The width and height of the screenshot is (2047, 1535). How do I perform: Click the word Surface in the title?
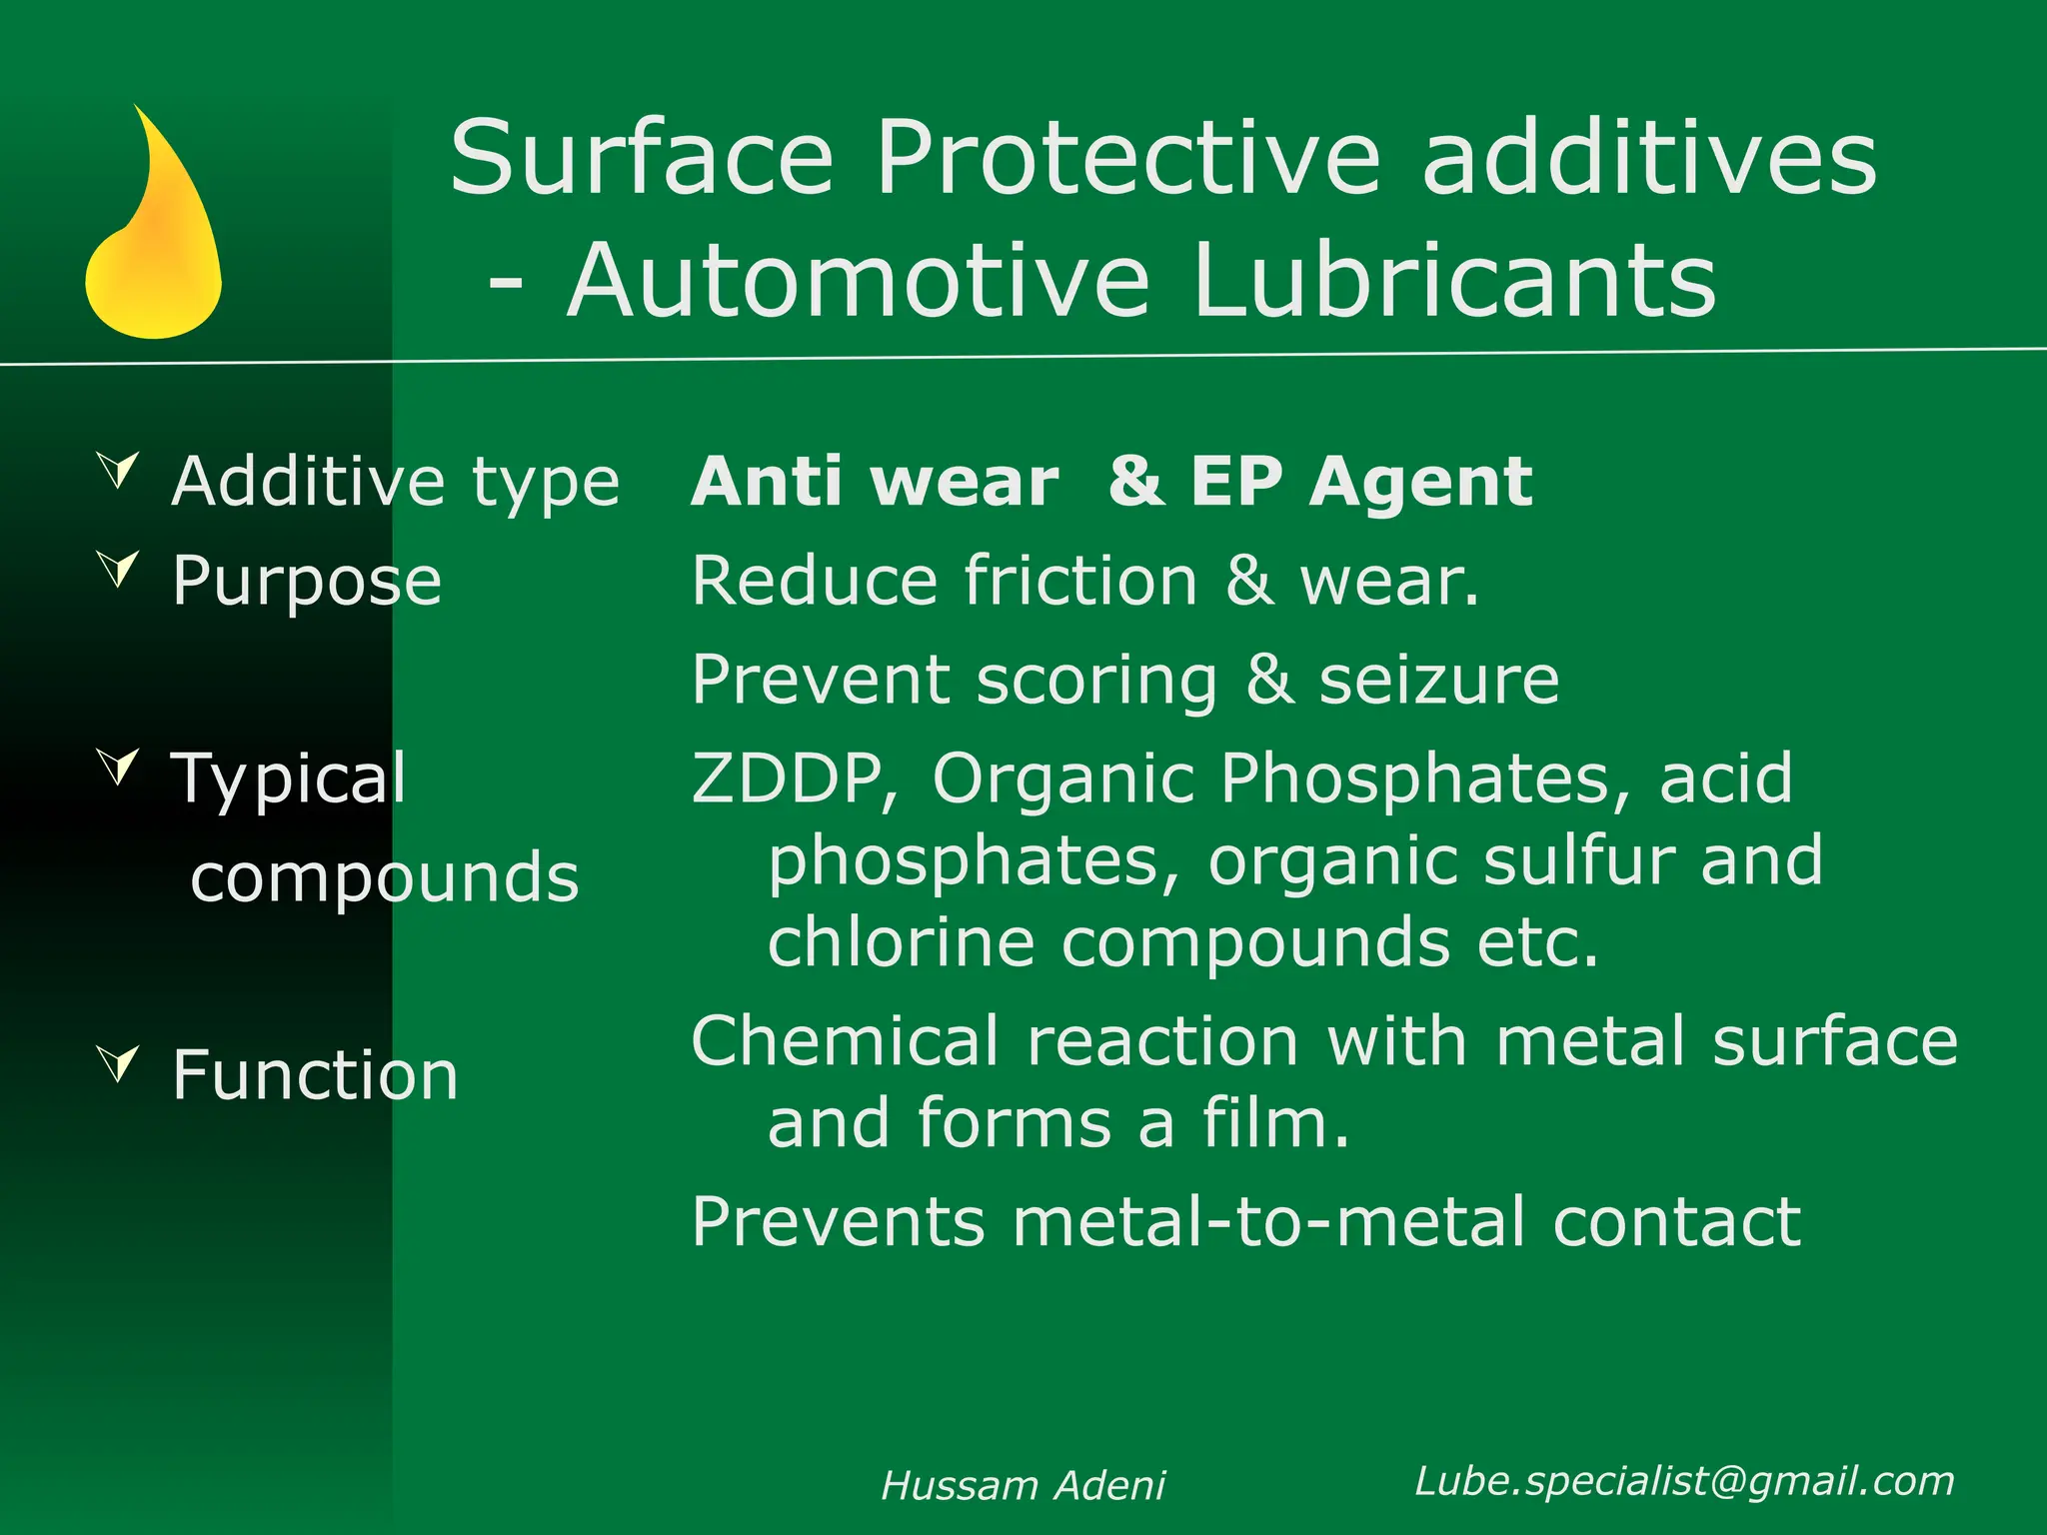pos(641,158)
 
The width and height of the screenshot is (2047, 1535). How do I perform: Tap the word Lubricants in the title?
pos(1453,281)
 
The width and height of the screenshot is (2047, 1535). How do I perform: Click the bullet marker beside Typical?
pos(119,766)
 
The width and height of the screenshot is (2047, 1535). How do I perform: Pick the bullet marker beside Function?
pos(119,1063)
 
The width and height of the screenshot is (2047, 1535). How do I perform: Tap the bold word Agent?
pos(1421,483)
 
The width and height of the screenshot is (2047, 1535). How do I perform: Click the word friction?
pos(1080,581)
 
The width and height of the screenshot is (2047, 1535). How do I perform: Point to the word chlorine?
pos(900,942)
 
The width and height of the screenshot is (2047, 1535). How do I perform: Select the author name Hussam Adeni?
pos(1023,1486)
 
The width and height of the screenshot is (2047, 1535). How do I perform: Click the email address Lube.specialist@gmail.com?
pos(1684,1481)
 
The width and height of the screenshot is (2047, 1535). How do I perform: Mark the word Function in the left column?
pos(315,1075)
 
